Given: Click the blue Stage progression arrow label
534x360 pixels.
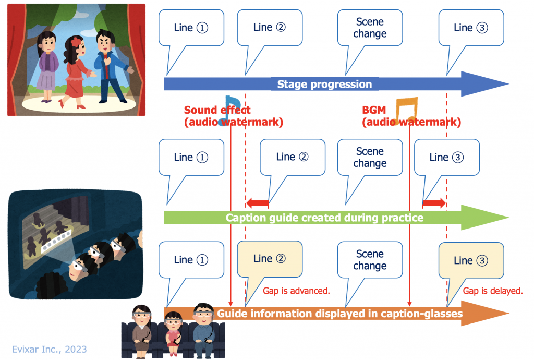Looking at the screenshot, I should [324, 85].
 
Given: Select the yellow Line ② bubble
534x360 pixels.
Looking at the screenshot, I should [270, 259].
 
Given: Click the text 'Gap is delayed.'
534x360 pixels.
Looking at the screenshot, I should [493, 291].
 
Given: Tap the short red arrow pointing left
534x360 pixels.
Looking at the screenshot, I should [257, 203].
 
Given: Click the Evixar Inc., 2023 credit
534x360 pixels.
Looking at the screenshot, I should [50, 349].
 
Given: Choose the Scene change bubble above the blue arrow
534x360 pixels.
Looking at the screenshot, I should [370, 28].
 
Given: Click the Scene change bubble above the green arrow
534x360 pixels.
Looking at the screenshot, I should [370, 158].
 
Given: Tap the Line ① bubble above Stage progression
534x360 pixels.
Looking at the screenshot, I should [191, 28].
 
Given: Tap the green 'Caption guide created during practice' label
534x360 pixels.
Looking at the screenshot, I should [324, 218].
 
